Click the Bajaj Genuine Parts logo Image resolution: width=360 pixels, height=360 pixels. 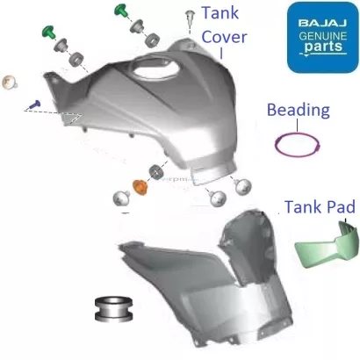[320, 33]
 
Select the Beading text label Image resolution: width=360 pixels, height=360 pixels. [299, 111]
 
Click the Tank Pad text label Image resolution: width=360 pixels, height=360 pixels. [319, 208]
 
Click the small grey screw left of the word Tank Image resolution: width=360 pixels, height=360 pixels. [191, 18]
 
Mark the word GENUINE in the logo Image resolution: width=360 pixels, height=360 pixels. [320, 31]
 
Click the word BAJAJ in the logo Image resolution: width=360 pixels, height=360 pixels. [320, 17]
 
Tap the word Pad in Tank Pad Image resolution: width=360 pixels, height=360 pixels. [340, 208]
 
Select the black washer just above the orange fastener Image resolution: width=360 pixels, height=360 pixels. [157, 170]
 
